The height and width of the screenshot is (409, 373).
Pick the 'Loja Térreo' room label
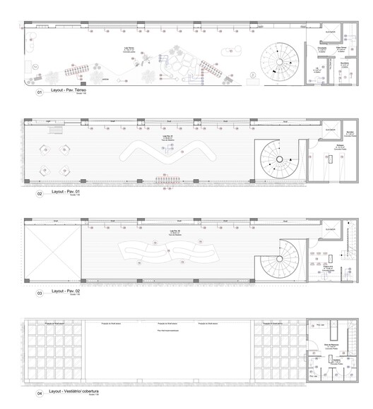[129, 50]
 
